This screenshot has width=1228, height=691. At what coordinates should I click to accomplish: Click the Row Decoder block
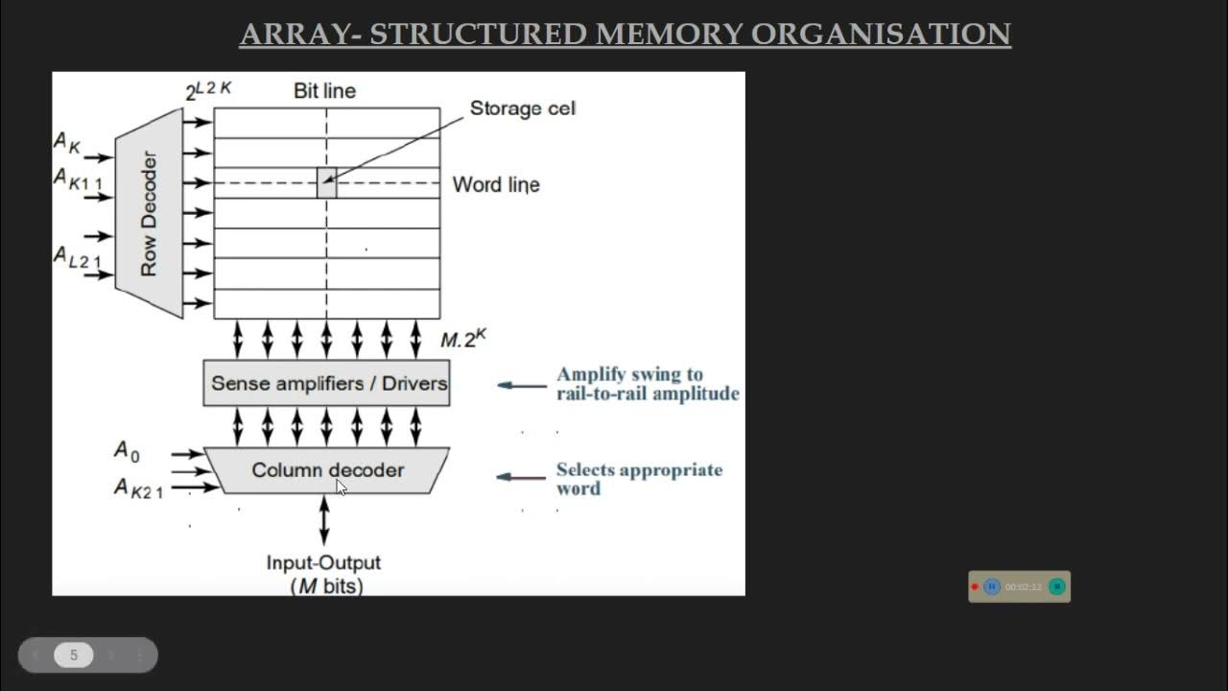(x=149, y=213)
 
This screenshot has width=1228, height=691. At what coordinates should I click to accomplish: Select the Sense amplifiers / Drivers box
(x=326, y=383)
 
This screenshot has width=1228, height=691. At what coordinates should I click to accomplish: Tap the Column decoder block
(x=326, y=470)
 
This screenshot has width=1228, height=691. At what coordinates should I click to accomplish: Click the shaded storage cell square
(x=326, y=182)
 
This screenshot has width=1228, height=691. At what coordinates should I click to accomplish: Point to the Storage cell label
(x=522, y=108)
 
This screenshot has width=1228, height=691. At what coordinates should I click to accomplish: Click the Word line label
(x=496, y=184)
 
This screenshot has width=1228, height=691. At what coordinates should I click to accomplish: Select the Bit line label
(x=324, y=91)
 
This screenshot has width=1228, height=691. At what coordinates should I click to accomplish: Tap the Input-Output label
(x=323, y=562)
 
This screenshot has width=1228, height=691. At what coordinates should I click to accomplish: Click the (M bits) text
(x=326, y=585)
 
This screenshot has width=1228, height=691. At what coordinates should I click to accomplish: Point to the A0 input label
(x=127, y=450)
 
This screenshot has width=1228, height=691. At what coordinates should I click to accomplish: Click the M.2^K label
(x=463, y=339)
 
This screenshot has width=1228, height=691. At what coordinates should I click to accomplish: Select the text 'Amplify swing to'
(x=629, y=374)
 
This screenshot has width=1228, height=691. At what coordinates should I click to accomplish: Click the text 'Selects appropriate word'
(x=639, y=479)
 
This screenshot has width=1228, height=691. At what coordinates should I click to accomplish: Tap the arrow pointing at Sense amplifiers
(x=522, y=386)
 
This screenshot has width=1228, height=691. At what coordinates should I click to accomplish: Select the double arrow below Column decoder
(x=324, y=520)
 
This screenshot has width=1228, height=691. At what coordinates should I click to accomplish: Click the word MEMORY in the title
(x=669, y=35)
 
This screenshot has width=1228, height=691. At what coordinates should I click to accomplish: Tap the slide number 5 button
(x=73, y=655)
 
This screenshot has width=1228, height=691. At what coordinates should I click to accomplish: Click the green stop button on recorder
(x=1056, y=586)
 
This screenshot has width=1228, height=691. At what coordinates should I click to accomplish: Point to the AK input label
(x=67, y=143)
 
